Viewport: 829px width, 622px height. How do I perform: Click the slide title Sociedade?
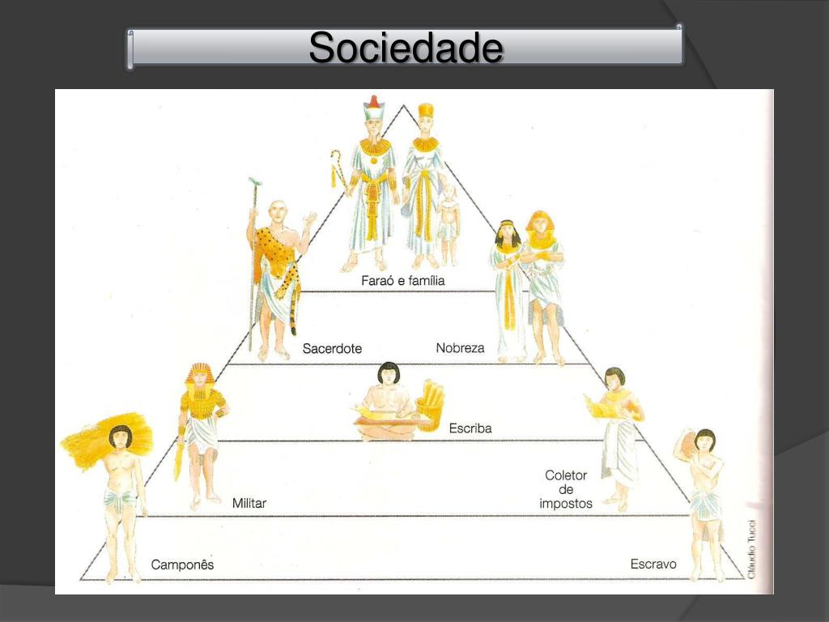tap(406, 49)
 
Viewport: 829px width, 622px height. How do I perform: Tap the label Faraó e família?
tap(403, 281)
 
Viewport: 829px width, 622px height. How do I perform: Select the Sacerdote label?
tap(332, 349)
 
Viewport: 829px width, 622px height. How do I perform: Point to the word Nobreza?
tap(460, 348)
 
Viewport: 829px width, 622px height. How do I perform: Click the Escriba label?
tap(470, 428)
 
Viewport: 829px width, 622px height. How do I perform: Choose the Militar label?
tap(249, 504)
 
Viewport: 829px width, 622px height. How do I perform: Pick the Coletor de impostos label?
tap(566, 489)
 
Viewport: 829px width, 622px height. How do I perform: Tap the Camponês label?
tap(182, 564)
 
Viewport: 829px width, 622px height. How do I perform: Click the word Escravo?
tap(653, 564)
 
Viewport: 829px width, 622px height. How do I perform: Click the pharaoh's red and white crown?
tap(373, 108)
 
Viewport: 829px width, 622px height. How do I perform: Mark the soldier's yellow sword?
tap(178, 458)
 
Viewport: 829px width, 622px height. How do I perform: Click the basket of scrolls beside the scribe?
tap(429, 405)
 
